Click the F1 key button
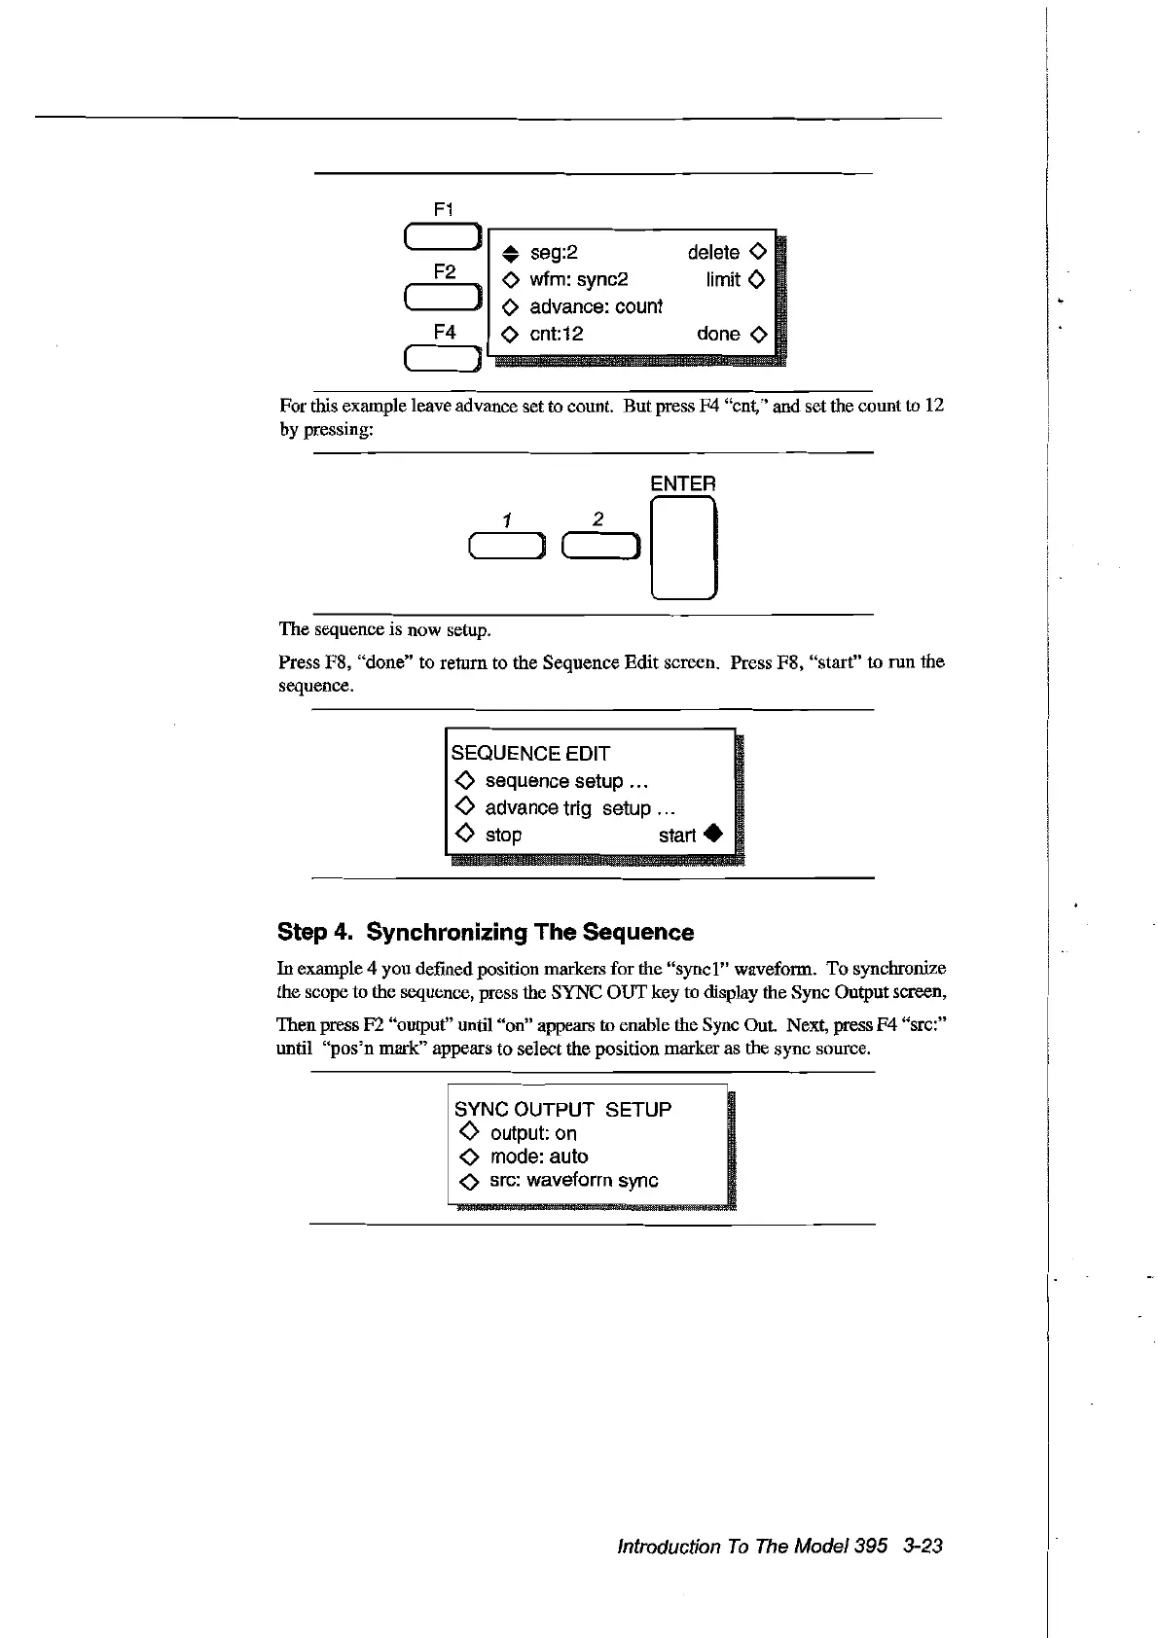point(443,236)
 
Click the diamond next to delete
point(759,252)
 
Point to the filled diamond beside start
point(713,835)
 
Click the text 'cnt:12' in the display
point(556,335)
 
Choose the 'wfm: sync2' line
point(578,280)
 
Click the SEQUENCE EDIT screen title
point(530,754)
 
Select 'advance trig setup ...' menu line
point(580,808)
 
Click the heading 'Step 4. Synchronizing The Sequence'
point(486,933)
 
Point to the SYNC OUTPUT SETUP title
point(562,1110)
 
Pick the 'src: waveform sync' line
point(573,1181)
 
